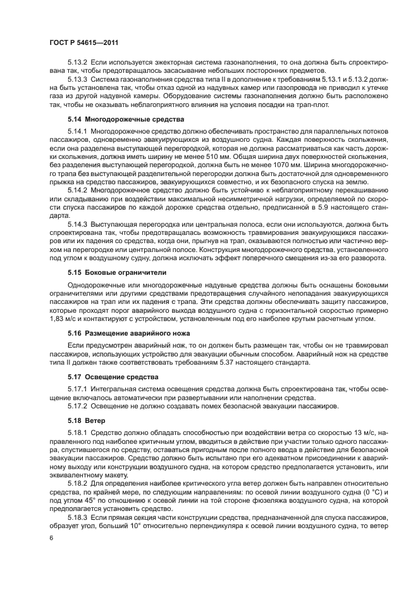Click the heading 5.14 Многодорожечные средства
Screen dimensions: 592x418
point(126,118)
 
